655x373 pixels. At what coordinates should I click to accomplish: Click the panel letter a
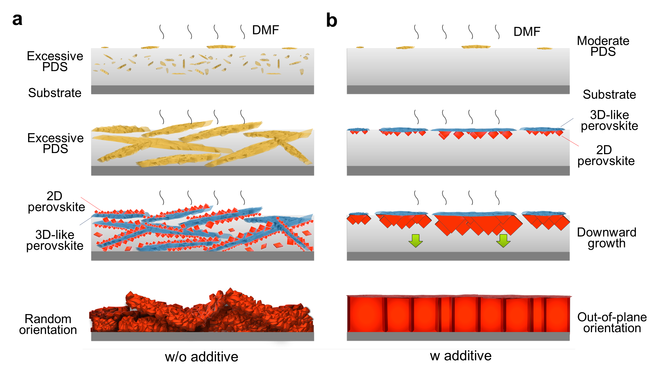click(x=17, y=20)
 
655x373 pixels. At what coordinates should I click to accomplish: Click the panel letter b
click(x=332, y=21)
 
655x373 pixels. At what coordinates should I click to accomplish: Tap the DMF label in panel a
click(x=265, y=30)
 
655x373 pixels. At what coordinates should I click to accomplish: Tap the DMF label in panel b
click(x=527, y=31)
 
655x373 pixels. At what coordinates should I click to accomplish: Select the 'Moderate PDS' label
click(x=603, y=46)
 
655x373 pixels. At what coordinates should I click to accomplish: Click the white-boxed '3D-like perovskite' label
click(x=609, y=120)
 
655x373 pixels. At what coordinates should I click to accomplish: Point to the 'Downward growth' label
click(x=606, y=238)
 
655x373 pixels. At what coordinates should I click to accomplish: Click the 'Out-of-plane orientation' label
click(x=612, y=322)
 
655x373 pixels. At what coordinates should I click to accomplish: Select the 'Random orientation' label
click(x=48, y=324)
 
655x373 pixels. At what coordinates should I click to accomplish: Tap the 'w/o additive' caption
click(x=201, y=357)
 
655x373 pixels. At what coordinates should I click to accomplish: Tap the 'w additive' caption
click(x=460, y=356)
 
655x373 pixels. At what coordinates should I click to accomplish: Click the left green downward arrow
click(x=415, y=241)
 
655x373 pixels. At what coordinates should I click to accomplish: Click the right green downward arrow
click(x=503, y=241)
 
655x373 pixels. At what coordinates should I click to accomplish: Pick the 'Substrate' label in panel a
click(x=55, y=93)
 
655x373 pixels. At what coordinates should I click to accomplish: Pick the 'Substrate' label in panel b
click(x=609, y=94)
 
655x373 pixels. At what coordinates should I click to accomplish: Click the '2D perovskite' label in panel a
click(x=56, y=201)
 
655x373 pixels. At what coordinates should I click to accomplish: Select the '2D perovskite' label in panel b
click(x=606, y=155)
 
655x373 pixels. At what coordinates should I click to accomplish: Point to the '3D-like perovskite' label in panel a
click(x=55, y=240)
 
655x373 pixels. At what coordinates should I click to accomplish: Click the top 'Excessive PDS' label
click(x=55, y=61)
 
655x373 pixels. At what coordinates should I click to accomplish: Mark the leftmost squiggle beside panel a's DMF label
click(x=162, y=31)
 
